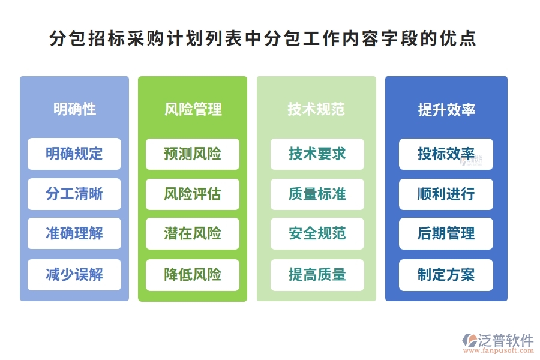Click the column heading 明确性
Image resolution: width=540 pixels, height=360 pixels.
tap(74, 109)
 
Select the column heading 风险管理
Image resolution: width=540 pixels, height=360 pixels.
tap(193, 109)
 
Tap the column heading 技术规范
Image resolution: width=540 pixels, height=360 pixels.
tap(316, 109)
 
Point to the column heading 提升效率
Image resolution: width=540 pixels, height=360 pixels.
tap(446, 110)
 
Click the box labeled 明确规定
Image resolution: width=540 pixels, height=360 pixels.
tap(74, 154)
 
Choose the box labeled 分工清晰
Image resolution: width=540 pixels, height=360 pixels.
tap(74, 194)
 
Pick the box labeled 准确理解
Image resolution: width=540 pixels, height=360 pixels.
tap(74, 233)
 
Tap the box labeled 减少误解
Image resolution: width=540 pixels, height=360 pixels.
tap(74, 275)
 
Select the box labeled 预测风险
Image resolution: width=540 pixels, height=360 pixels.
tap(193, 154)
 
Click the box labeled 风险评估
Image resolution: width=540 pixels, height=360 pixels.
tap(193, 194)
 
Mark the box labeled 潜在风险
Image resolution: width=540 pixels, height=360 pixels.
tap(193, 233)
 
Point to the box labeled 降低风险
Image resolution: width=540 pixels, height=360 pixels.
tap(193, 275)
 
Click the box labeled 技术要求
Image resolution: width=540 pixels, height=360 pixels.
tap(317, 154)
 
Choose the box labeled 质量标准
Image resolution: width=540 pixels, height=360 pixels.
tap(317, 194)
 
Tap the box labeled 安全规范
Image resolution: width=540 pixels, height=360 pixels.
tap(317, 233)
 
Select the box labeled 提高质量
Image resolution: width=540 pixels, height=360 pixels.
tap(317, 275)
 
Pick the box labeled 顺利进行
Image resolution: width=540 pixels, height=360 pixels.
tap(446, 194)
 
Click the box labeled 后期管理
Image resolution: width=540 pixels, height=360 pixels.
tap(446, 233)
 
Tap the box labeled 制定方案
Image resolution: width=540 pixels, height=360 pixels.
tap(446, 275)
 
